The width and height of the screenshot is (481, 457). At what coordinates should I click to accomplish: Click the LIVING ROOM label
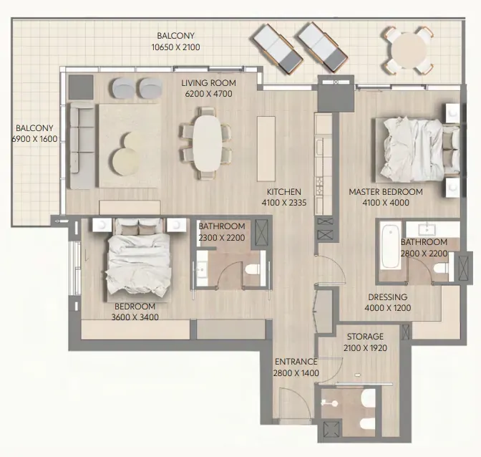coord(208,83)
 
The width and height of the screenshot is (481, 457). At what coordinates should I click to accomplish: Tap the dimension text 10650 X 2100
coord(176,47)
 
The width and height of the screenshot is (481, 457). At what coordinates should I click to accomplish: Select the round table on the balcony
coord(409,50)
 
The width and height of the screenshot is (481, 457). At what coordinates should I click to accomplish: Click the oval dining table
coord(207,143)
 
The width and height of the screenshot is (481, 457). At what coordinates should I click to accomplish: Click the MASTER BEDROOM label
coord(386,192)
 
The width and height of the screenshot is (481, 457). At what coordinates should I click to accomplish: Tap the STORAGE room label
coord(365,337)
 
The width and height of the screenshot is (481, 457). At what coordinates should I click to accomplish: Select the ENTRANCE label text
coord(296,362)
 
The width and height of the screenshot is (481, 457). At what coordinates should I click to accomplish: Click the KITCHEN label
coord(283,192)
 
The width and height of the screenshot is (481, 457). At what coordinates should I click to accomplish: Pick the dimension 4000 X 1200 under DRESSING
coord(388,308)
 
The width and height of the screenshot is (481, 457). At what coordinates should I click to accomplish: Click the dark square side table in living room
coord(81,87)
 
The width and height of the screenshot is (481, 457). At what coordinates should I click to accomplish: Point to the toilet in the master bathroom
coord(441,268)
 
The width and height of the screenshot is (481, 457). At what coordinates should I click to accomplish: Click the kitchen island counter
coord(266,148)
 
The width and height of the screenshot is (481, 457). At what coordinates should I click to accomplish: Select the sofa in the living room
coord(82,146)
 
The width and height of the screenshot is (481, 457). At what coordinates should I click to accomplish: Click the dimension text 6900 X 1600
coord(34,139)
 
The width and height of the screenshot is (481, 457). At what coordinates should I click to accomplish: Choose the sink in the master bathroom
coord(427,228)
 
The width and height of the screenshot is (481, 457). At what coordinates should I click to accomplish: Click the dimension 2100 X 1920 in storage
coord(365,348)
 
